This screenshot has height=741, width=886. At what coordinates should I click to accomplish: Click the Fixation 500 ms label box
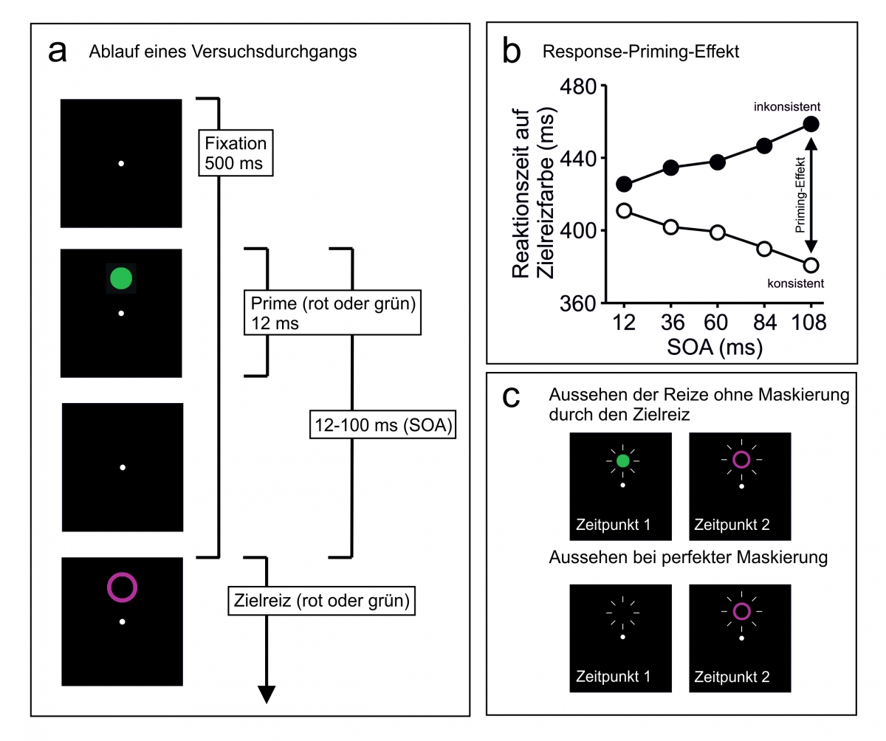236,153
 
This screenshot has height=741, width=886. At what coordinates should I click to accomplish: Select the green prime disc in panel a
121,278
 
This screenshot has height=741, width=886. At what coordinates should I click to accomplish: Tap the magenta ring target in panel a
122,587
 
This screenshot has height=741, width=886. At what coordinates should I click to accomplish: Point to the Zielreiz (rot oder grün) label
320,600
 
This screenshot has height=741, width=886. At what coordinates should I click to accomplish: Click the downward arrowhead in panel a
267,694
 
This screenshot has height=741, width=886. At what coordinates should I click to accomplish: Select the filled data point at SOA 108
811,124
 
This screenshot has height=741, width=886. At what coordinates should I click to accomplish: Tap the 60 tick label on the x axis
716,323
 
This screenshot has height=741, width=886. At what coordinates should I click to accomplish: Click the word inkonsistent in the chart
787,107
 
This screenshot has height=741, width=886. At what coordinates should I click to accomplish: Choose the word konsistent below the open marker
794,283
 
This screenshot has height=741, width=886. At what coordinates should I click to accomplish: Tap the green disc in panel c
623,461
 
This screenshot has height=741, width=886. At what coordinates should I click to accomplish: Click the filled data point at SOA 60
717,162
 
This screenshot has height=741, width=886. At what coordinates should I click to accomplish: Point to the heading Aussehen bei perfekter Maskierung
688,557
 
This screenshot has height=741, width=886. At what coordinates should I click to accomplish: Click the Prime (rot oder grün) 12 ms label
331,312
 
